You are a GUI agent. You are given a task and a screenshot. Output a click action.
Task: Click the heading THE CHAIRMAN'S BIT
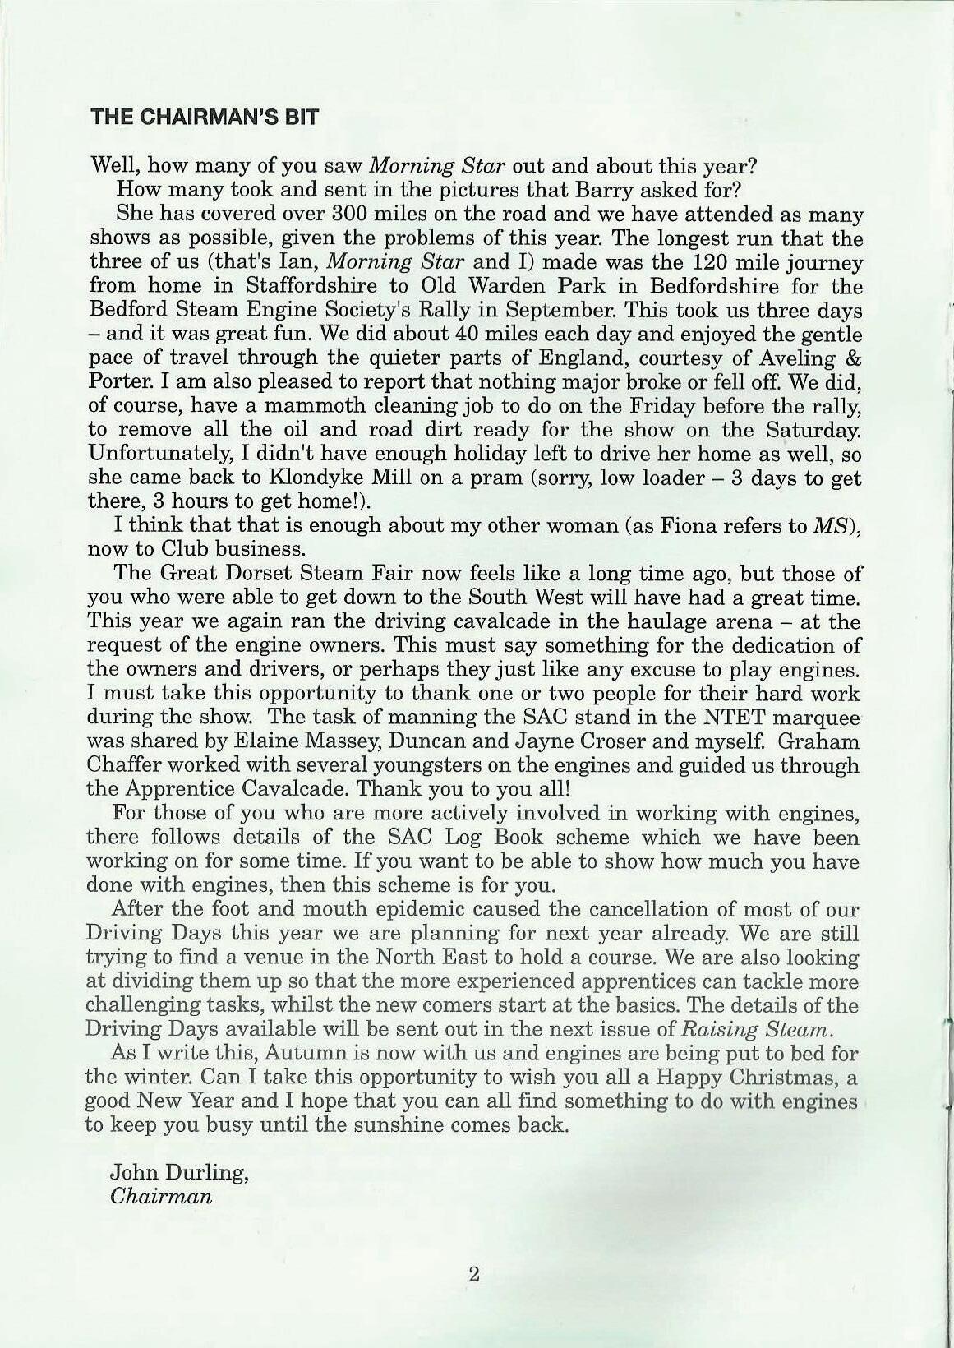[x=205, y=116]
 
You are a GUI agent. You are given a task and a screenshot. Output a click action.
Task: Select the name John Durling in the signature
[x=179, y=1172]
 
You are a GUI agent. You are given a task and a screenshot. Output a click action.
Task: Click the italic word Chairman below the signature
[x=161, y=1196]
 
